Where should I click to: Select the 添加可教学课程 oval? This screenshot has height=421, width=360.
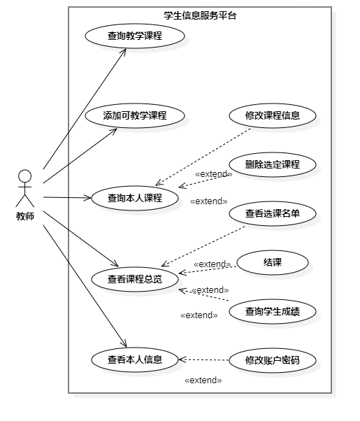point(135,116)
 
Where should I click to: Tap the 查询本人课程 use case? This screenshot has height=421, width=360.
point(135,198)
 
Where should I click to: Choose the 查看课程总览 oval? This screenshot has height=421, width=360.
point(135,279)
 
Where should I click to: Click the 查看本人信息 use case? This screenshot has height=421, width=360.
point(135,360)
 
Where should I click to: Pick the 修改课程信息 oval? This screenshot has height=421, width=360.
point(273,116)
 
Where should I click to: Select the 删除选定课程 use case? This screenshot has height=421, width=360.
point(273,165)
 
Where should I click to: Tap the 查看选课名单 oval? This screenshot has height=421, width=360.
point(273,214)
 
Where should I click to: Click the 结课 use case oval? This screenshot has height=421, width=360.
point(273,263)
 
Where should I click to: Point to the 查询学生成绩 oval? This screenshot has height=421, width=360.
point(273,312)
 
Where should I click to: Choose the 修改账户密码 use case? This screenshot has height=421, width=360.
point(273,361)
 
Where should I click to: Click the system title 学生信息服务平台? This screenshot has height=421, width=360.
point(200,15)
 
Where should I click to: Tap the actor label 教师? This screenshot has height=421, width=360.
point(25,216)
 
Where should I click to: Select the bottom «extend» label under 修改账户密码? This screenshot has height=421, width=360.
point(203,380)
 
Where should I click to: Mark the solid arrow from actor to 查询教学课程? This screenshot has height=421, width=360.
point(84,109)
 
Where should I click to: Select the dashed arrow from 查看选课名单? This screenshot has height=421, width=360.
point(203,245)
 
